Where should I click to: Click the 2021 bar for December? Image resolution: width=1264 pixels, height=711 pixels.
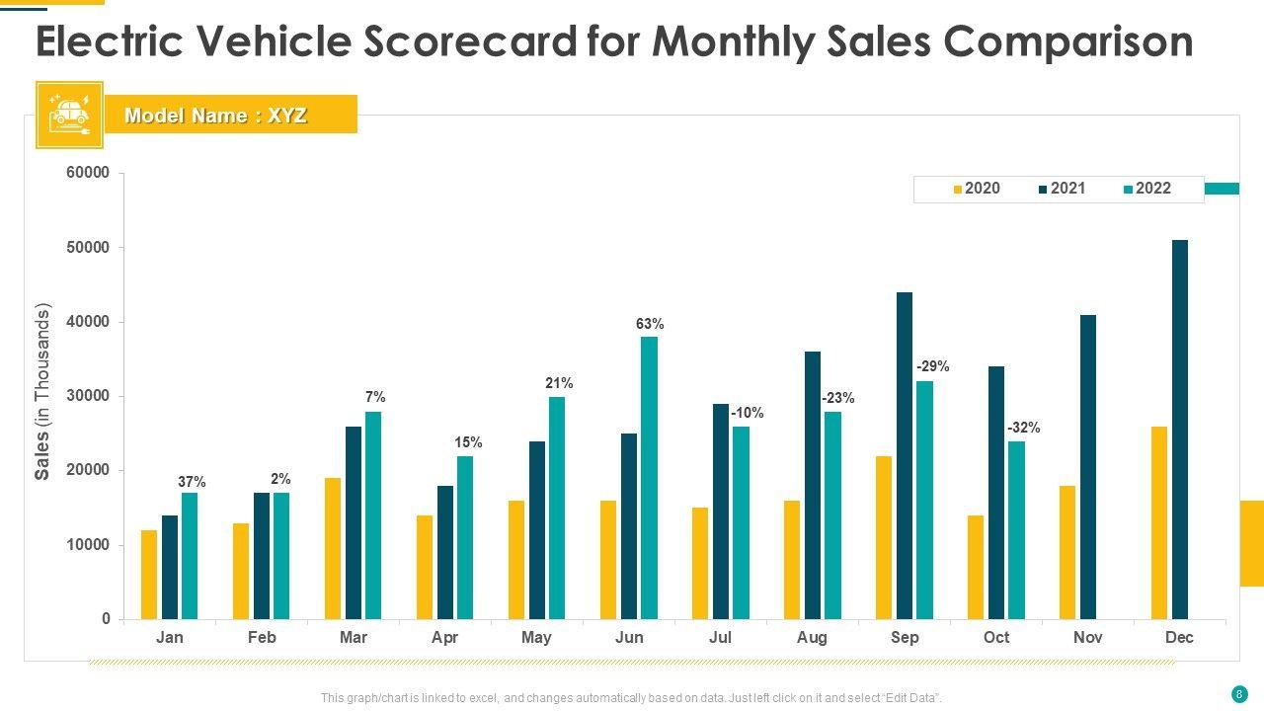coord(1180,430)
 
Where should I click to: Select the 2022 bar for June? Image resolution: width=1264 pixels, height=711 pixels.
coord(649,478)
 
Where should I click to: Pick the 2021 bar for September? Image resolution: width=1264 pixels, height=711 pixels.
coord(905,455)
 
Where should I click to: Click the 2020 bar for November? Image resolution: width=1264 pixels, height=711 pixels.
coord(1067,552)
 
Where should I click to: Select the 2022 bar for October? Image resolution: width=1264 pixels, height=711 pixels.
coord(1016,529)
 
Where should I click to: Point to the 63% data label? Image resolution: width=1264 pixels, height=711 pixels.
coord(650,324)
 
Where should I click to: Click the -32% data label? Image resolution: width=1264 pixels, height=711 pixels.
coord(1023,428)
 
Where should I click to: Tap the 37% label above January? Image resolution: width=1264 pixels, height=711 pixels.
coord(192,482)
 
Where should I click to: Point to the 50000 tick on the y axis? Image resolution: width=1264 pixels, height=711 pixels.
coord(89,247)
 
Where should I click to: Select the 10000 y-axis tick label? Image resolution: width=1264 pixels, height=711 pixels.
coord(89,545)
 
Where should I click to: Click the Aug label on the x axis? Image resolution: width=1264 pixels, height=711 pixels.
coord(812,638)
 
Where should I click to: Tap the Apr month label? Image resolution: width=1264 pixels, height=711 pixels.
coord(444,638)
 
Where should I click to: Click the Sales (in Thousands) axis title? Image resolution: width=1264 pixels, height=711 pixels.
coord(42,392)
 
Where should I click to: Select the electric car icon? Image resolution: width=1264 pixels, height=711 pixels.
coord(69,115)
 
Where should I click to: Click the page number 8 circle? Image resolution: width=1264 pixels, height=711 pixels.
coord(1238,693)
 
